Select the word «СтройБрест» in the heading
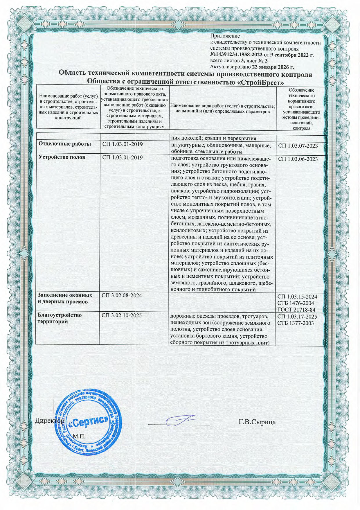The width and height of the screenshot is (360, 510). (260, 82)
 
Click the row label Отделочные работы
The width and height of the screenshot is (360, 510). (65, 144)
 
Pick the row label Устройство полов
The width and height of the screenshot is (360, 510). (62, 157)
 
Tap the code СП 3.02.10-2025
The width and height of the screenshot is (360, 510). (122, 315)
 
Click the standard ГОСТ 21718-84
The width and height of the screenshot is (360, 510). (296, 310)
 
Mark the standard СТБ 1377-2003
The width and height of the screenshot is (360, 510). (296, 323)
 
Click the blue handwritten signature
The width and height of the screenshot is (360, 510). (181, 420)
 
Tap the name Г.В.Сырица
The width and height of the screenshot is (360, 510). (257, 422)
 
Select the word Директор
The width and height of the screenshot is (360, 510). (50, 421)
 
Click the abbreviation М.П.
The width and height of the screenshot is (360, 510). (79, 436)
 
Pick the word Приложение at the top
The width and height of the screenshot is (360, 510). (225, 36)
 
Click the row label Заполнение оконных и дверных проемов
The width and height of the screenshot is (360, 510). (65, 299)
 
